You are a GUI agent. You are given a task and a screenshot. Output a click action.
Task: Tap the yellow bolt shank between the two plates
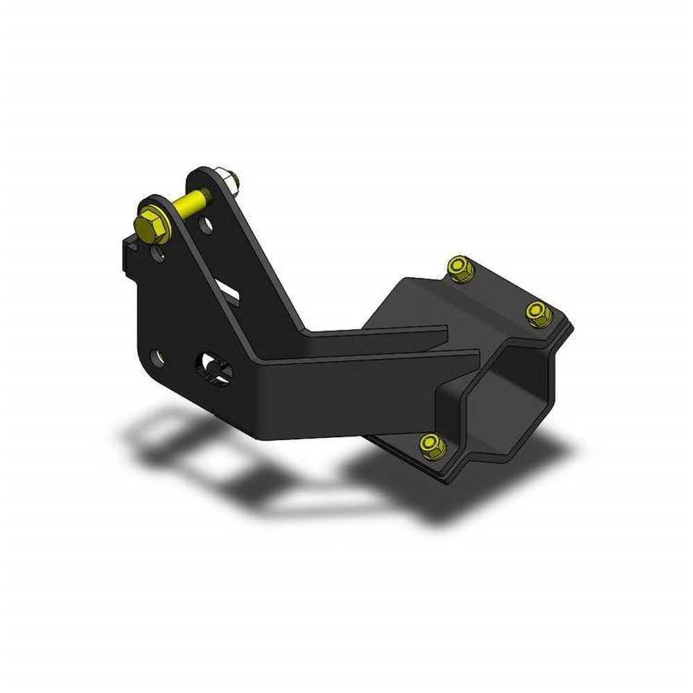coord(188,203)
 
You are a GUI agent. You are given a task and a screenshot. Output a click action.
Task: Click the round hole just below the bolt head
coord(160,254)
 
